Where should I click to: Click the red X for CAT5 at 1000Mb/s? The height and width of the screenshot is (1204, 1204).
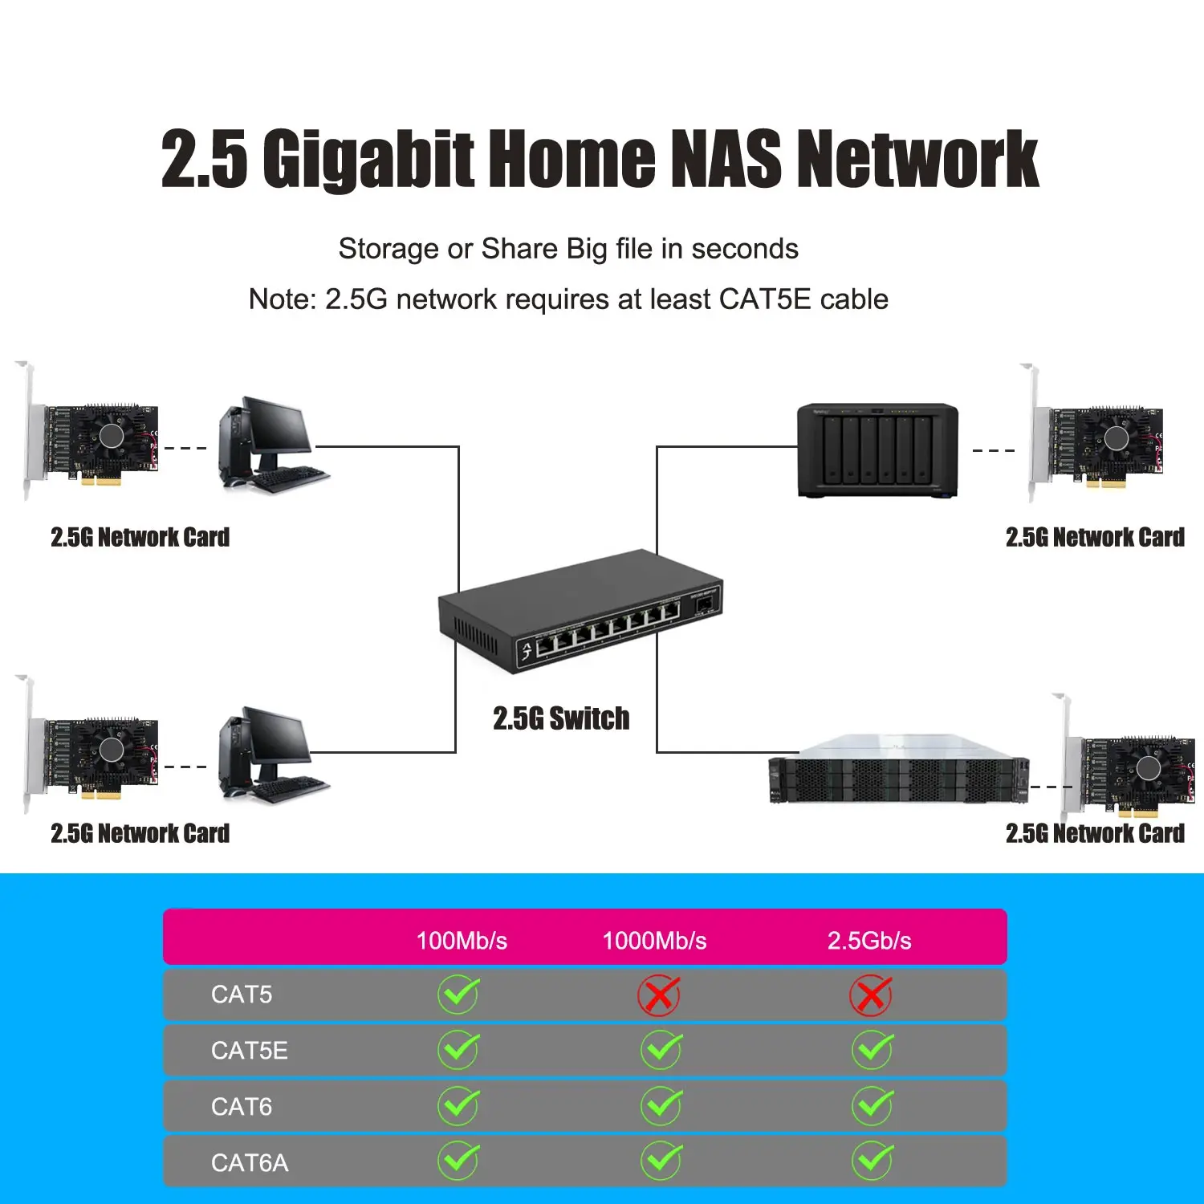[x=658, y=995]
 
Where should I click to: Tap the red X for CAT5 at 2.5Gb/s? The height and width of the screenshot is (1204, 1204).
[x=870, y=995]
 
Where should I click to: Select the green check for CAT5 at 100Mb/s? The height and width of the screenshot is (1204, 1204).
[x=458, y=995]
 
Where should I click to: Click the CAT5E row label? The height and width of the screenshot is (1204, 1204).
[x=249, y=1051]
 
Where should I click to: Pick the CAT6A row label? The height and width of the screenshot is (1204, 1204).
[x=249, y=1163]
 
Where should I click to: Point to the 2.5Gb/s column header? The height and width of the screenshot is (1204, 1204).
[x=869, y=940]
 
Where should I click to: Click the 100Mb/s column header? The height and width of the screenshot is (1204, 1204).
[x=462, y=940]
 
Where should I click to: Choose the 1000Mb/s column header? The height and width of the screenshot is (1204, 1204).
[x=654, y=940]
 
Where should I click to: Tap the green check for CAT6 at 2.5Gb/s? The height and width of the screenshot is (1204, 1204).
[x=872, y=1106]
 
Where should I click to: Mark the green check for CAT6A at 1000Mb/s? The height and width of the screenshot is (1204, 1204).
[x=661, y=1161]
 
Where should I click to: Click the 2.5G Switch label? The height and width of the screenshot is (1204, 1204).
[x=561, y=718]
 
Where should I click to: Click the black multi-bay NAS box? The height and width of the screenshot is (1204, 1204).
[x=877, y=450]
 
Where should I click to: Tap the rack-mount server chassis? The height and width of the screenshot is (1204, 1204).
[x=899, y=771]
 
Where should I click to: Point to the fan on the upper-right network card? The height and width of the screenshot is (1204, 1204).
[x=1116, y=437]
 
